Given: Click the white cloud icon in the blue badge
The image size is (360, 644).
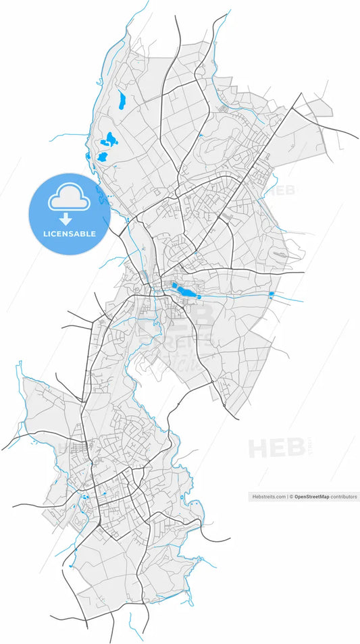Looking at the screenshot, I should pos(68,198).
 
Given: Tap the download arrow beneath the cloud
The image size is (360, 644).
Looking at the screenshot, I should pos(66,219).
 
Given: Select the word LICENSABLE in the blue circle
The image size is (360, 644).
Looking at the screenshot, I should pos(69,234).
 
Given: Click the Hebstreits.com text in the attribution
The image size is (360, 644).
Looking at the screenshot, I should pos(268,496).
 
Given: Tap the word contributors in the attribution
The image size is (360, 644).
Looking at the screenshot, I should pos(344,496).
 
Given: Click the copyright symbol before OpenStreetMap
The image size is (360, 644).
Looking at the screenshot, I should pos(292,496).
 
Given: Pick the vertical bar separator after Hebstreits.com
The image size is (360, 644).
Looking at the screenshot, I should pos(287,496).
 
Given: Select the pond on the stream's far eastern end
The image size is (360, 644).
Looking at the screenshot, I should pos(272,294).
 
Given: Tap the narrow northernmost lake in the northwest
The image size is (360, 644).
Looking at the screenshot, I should pos(122,101).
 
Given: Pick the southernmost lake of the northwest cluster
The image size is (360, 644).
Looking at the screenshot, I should pos(103,156).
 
